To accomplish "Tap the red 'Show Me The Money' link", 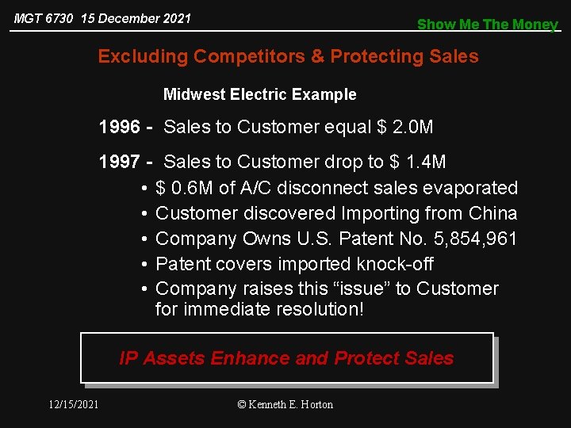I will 488,25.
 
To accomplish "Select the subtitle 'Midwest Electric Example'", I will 259,94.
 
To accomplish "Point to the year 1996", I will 120,127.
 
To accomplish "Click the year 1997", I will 120,162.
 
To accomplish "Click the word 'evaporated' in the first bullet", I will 470,188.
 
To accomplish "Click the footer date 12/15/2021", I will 73,404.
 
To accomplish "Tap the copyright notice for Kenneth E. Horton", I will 285,404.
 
